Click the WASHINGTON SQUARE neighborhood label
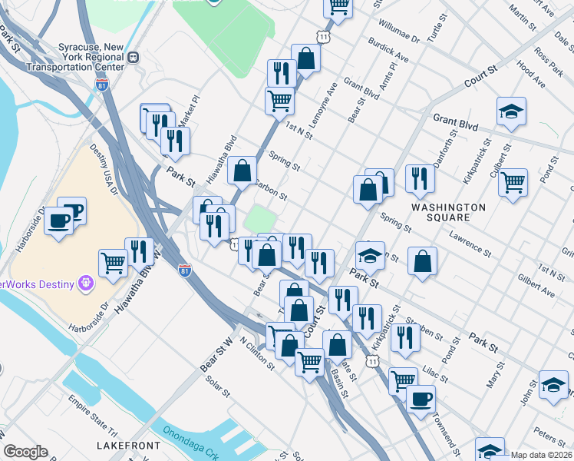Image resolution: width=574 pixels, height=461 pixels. click(448, 213)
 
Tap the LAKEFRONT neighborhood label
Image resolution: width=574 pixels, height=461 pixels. click(129, 446)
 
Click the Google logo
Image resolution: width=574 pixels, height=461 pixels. click(25, 452)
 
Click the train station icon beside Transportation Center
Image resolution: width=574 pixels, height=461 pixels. click(133, 57)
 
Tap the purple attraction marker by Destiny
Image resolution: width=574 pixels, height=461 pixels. click(85, 284)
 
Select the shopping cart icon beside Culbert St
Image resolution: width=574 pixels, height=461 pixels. click(513, 183)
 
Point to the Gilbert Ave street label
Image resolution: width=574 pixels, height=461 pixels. click(536, 284)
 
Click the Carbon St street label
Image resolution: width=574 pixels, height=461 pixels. click(270, 190)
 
